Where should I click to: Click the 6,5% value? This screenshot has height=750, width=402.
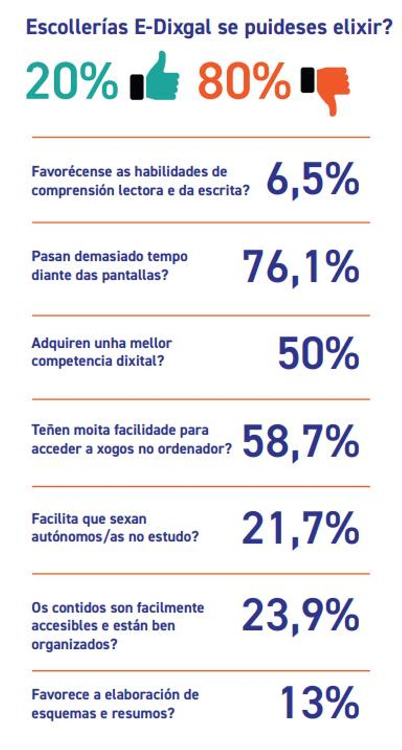click(x=313, y=181)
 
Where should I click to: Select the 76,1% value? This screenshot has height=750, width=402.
click(x=300, y=268)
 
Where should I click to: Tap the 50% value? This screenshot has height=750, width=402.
click(x=318, y=353)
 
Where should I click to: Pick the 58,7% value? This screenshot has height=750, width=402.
click(x=300, y=442)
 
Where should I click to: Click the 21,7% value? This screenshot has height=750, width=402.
click(x=300, y=529)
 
